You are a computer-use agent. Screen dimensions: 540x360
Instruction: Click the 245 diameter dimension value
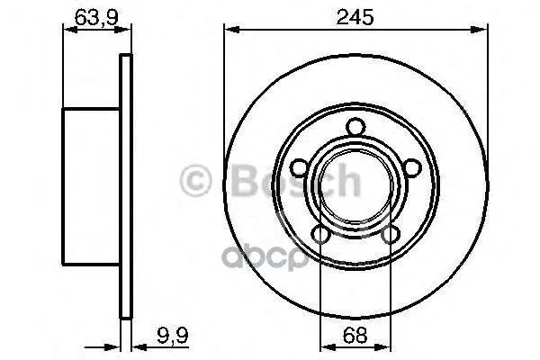(x=355, y=17)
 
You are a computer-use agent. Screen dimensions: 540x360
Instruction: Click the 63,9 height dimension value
(x=96, y=17)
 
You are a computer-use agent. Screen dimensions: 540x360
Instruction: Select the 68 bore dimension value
(x=355, y=335)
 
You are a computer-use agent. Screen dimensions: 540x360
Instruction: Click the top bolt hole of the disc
(x=355, y=127)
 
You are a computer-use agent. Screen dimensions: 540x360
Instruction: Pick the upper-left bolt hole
(x=299, y=168)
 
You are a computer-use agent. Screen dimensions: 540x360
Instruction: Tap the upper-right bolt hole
(x=412, y=168)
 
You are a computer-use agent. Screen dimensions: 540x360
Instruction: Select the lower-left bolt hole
(x=320, y=235)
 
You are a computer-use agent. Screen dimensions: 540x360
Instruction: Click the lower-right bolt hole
(x=391, y=235)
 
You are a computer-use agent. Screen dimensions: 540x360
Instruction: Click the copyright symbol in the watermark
(x=195, y=181)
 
